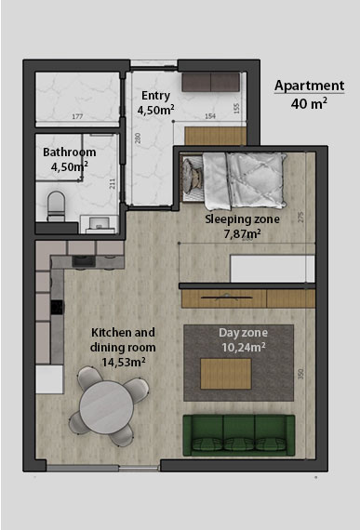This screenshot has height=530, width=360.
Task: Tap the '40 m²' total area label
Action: [310, 103]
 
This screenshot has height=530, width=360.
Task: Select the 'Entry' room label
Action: [155, 96]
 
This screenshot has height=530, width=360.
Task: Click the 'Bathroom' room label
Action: [70, 152]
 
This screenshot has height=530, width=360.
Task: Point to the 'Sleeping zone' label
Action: [241, 220]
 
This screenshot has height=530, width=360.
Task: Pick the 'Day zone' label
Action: [241, 333]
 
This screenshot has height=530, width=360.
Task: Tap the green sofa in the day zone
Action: [238, 435]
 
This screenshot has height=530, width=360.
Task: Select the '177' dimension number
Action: [77, 116]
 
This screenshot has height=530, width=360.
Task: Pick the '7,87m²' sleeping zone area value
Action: [241, 234]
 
